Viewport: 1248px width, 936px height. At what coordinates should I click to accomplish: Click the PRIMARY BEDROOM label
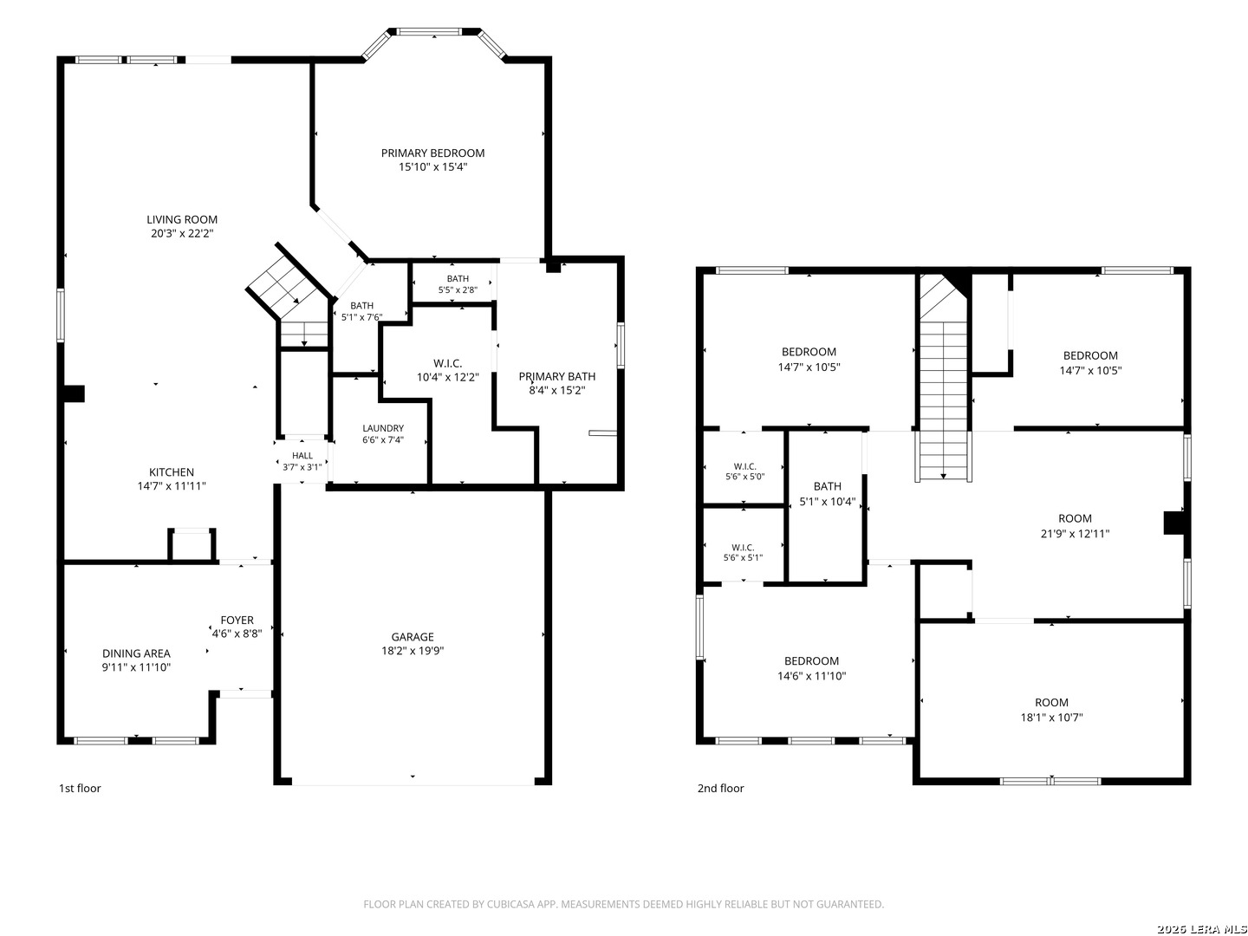point(432,153)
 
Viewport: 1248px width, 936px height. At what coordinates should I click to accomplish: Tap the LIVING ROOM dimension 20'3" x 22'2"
point(182,233)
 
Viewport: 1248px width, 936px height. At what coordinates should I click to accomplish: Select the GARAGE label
point(413,636)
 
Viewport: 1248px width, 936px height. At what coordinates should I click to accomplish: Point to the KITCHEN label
point(171,471)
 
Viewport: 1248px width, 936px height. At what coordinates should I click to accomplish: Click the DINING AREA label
point(136,653)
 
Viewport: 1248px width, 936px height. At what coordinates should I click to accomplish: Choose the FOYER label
point(237,620)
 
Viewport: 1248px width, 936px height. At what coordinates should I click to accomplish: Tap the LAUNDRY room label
point(383,428)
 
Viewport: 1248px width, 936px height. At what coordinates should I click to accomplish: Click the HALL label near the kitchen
point(302,455)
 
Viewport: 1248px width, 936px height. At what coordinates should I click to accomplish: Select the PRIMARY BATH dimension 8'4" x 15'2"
point(556,390)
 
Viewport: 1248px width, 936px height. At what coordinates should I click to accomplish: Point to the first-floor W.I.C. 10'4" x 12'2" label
point(447,370)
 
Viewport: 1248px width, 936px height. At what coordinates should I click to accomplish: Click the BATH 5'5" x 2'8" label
point(458,284)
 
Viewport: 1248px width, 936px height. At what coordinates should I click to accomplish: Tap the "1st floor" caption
point(80,788)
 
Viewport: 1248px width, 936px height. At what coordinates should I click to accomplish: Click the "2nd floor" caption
point(720,788)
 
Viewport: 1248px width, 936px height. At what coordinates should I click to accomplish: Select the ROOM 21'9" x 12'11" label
point(1075,526)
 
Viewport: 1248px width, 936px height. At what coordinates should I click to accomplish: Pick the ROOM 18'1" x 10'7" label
point(1051,709)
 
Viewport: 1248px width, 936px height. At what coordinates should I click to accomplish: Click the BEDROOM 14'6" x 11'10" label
point(811,667)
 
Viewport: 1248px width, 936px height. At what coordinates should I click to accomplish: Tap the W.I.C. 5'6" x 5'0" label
point(744,471)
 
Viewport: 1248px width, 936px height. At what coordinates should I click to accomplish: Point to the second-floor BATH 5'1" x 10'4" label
point(828,493)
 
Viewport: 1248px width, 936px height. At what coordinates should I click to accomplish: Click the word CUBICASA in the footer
point(510,904)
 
